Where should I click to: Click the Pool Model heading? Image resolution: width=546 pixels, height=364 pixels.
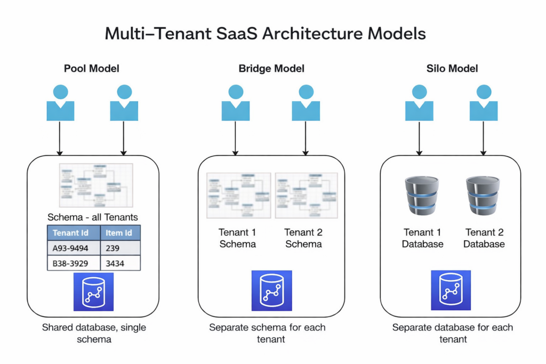click(91, 69)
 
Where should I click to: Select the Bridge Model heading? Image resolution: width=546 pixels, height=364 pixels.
click(271, 69)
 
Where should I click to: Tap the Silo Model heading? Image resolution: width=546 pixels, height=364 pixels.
click(452, 69)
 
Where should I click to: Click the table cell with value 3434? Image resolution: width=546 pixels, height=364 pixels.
click(120, 263)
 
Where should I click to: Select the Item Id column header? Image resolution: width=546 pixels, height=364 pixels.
click(120, 233)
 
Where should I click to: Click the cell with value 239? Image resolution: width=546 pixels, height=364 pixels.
click(120, 248)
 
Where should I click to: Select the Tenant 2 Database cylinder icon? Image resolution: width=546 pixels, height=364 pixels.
click(483, 196)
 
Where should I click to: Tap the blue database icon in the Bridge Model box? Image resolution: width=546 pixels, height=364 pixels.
click(271, 290)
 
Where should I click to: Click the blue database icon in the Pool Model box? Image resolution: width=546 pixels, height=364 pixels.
click(93, 292)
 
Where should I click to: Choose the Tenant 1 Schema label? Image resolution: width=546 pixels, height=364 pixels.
click(237, 238)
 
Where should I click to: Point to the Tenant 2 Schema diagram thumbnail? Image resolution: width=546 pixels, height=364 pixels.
click(306, 195)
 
